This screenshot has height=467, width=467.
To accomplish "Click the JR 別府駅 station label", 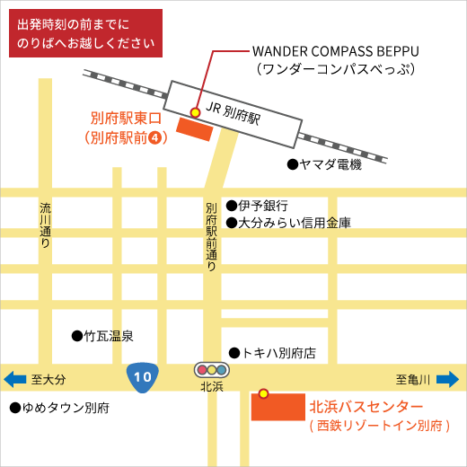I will click(233, 111).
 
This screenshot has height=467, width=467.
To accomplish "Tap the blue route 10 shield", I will click(142, 376).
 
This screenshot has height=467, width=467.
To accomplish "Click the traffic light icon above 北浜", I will click(212, 369).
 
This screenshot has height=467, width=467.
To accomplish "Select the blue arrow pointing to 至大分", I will click(15, 380).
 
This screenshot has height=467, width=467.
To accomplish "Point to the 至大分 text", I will click(48, 380).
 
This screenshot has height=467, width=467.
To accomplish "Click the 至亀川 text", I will click(414, 380).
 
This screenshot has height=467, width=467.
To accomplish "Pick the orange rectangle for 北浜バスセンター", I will click(278, 407).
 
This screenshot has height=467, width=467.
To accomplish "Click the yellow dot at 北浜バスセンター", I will click(263, 393).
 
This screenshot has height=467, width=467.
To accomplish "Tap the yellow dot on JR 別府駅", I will click(196, 111).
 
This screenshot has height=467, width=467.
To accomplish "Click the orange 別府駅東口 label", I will click(126, 119).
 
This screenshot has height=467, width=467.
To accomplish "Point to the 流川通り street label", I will click(45, 225).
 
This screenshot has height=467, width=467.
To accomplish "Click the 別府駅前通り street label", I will click(211, 236).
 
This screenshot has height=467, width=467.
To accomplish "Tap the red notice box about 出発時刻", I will click(86, 33).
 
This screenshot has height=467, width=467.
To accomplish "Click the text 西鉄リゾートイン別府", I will click(379, 426).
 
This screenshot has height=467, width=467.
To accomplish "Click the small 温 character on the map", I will click(116, 335).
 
